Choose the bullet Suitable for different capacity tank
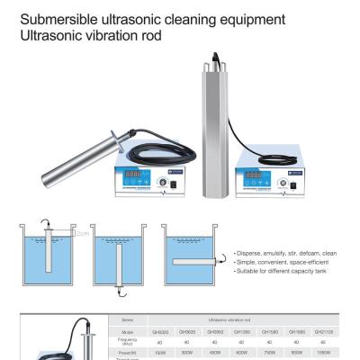285,271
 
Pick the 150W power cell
159,352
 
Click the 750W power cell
268,352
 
